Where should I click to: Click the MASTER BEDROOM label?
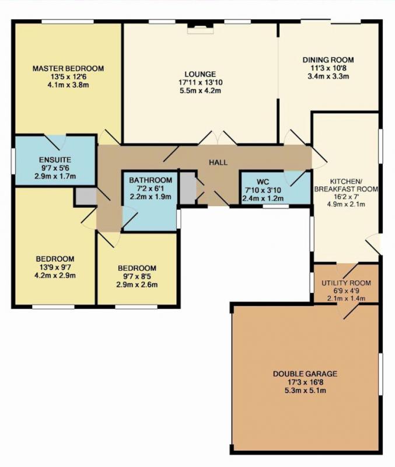pyautogui.click(x=68, y=68)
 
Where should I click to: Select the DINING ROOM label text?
pyautogui.click(x=328, y=60)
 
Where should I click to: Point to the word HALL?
pyautogui.click(x=218, y=162)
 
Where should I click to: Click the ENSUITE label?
pyautogui.click(x=55, y=159)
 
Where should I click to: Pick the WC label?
pyautogui.click(x=263, y=182)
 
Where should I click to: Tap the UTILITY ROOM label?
pyautogui.click(x=346, y=283)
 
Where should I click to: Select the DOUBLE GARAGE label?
pyautogui.click(x=305, y=374)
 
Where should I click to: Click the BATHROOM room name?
pyautogui.click(x=151, y=180)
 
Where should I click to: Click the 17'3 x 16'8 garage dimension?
pyautogui.click(x=305, y=382)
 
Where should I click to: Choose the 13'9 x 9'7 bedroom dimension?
pyautogui.click(x=55, y=267)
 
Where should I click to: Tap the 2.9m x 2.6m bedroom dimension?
pyautogui.click(x=137, y=284)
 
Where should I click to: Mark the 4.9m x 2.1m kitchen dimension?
pyautogui.click(x=345, y=204)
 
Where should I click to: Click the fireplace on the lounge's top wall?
pyautogui.click(x=200, y=29)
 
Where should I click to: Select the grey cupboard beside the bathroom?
pyautogui.click(x=187, y=188)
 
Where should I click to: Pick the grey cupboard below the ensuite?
pyautogui.click(x=86, y=196)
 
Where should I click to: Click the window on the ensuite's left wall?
pyautogui.click(x=13, y=161)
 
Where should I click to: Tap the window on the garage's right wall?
pyautogui.click(x=380, y=374)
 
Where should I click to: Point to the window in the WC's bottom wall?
pyautogui.click(x=276, y=206)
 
